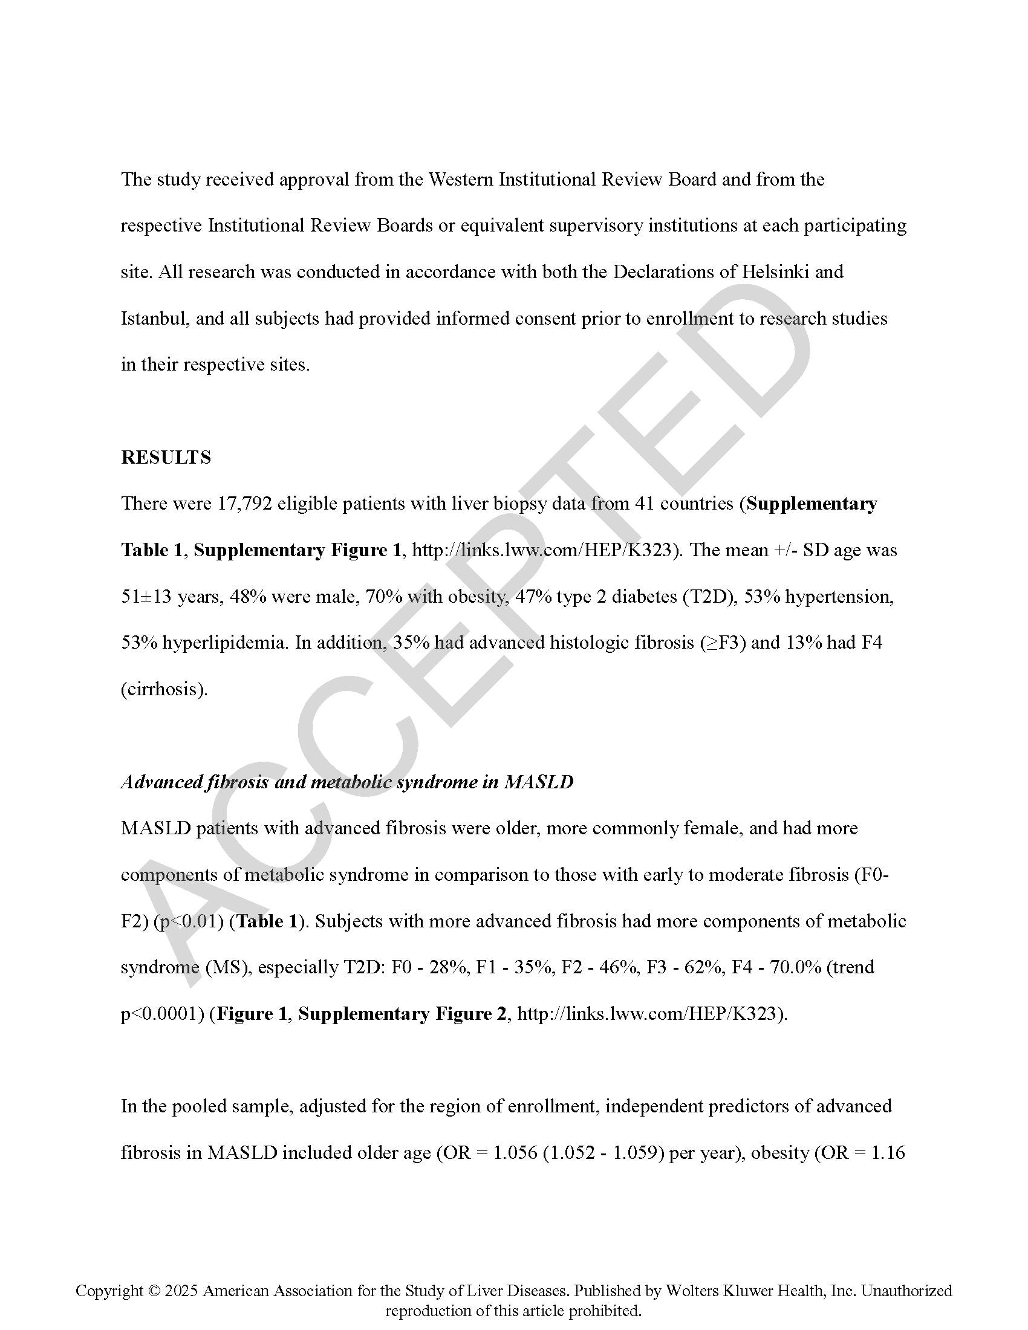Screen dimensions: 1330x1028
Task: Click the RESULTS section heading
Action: point(166,458)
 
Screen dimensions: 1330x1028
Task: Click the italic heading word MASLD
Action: point(538,782)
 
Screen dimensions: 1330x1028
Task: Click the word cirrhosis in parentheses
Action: point(164,689)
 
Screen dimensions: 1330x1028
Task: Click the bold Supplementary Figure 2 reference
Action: point(402,1014)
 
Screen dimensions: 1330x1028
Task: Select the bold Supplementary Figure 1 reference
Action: point(298,551)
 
